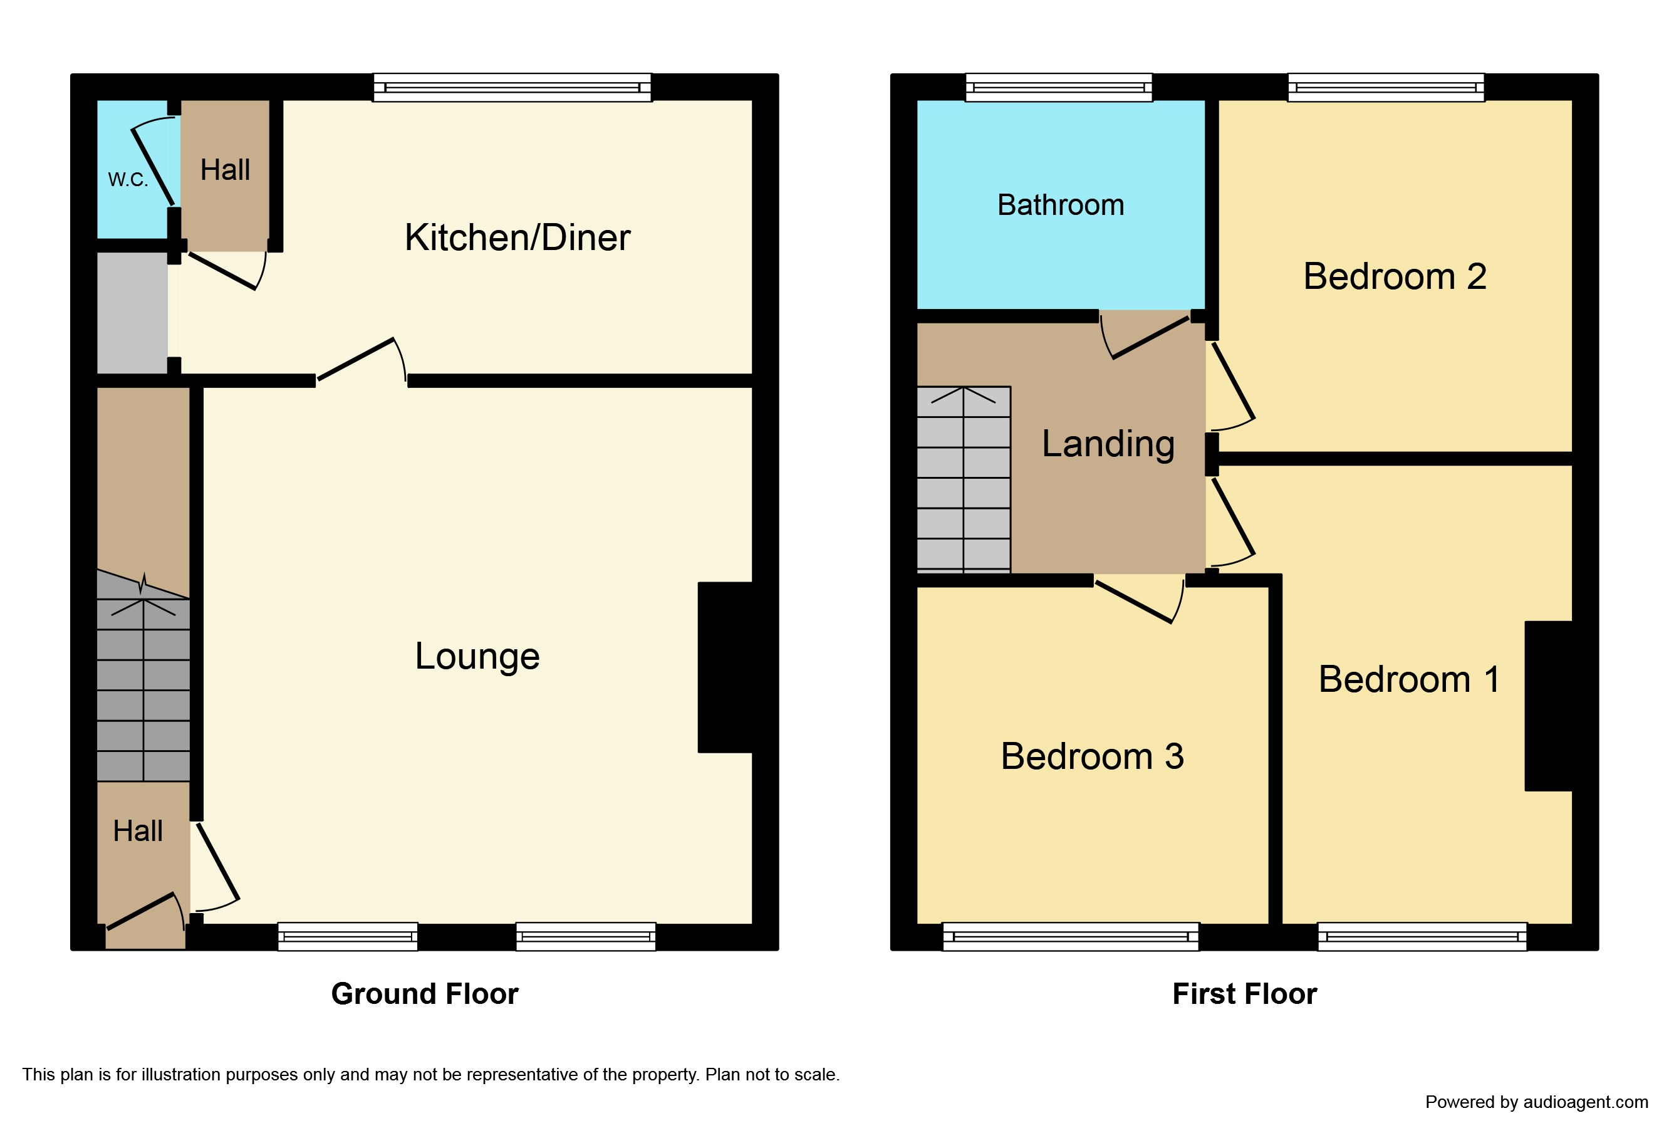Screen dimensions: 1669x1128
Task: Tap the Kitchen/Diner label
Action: [x=517, y=237]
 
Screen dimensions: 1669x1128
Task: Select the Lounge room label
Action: [x=477, y=656]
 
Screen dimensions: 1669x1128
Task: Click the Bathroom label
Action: [x=1060, y=205]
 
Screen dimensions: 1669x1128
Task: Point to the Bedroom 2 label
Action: [x=1394, y=276]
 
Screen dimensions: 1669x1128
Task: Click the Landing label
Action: [x=1108, y=444]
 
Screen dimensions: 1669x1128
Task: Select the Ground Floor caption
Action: [x=424, y=994]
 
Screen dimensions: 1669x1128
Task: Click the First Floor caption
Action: [x=1245, y=994]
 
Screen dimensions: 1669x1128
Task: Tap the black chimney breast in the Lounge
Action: [x=725, y=667]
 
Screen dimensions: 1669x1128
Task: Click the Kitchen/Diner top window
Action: [x=512, y=88]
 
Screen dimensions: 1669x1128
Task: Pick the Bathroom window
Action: [x=1059, y=88]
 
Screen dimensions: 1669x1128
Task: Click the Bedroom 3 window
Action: [x=1070, y=937]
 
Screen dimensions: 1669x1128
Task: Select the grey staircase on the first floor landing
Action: [x=964, y=479]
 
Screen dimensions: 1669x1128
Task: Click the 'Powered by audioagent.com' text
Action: [x=1536, y=1102]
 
